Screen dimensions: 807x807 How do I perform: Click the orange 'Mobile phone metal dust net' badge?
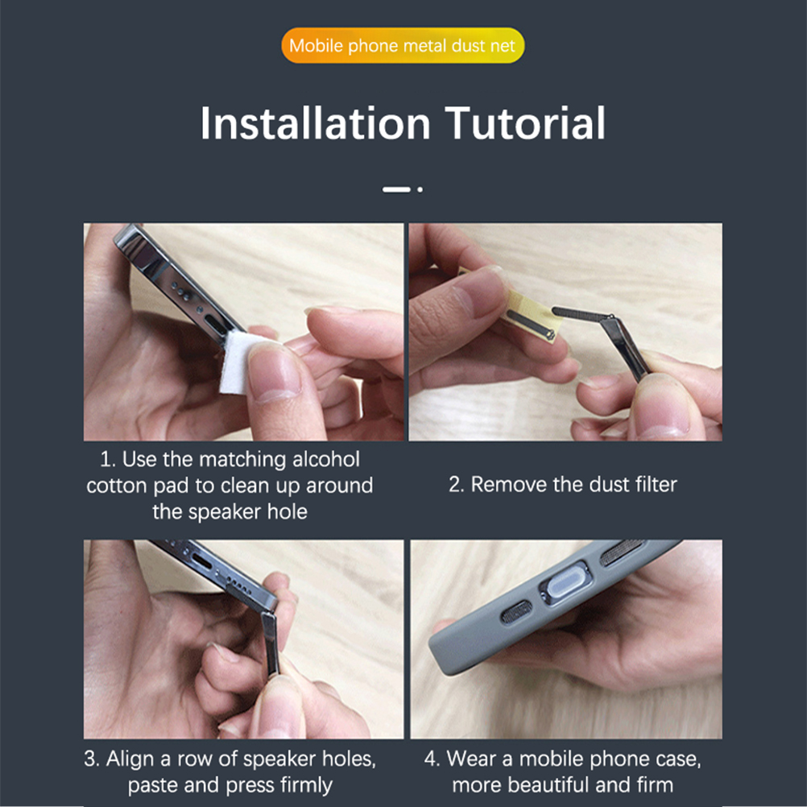pyautogui.click(x=403, y=45)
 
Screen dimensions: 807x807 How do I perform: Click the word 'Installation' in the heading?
pyautogui.click(x=315, y=123)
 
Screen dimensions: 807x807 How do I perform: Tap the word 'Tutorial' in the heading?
pyautogui.click(x=525, y=123)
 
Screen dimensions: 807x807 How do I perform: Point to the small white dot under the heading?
pyautogui.click(x=420, y=189)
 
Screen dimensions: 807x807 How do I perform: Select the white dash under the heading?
pyautogui.click(x=396, y=189)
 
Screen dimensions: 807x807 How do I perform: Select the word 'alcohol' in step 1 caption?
pyautogui.click(x=326, y=459)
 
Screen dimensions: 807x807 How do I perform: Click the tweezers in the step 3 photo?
pyautogui.click(x=271, y=644)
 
